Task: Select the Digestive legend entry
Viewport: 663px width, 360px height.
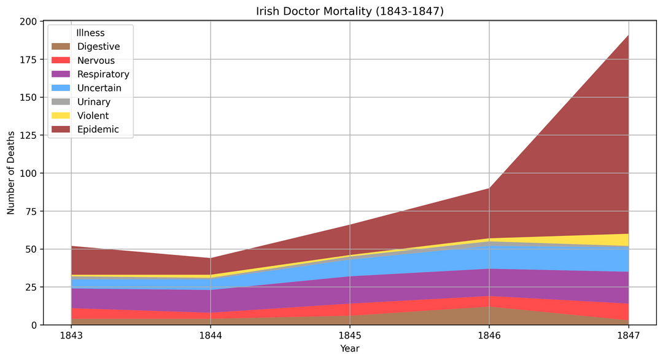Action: [x=98, y=47]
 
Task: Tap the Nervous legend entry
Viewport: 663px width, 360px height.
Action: [x=96, y=60]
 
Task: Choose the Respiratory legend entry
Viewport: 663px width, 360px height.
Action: [x=103, y=74]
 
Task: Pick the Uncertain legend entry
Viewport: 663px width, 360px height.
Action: [x=99, y=88]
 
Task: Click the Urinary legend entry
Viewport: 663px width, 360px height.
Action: [x=94, y=102]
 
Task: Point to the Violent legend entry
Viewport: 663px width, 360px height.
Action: [x=93, y=115]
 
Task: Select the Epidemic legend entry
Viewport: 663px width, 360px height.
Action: [x=98, y=130]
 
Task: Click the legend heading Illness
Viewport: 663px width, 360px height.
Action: [x=90, y=33]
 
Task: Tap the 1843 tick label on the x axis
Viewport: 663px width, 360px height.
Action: [x=71, y=335]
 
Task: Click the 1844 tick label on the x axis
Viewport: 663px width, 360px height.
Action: [x=211, y=335]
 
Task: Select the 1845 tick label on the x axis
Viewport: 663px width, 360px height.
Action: [x=350, y=335]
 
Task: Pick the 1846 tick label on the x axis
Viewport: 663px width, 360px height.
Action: [x=489, y=335]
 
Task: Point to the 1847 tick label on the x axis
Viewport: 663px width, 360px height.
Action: [x=629, y=335]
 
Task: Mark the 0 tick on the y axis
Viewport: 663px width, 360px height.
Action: [x=35, y=325]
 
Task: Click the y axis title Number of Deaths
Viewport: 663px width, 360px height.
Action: [x=11, y=173]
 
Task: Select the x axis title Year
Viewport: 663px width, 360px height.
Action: [x=350, y=348]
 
